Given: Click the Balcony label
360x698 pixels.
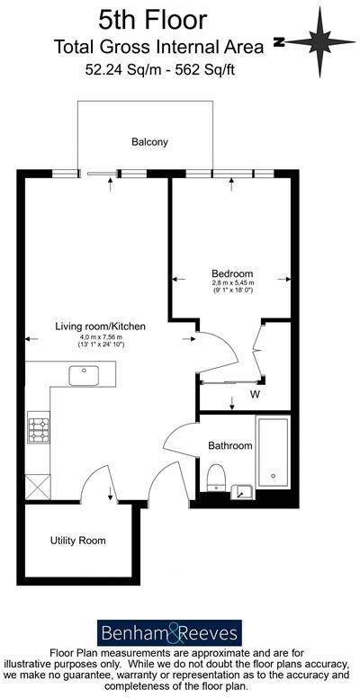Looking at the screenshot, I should [149, 142].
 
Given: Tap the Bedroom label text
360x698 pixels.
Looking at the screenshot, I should [232, 273].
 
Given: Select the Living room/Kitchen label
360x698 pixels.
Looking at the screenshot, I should [99, 326].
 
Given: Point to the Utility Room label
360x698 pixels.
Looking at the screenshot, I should [77, 541].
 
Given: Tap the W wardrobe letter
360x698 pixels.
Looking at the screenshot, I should [255, 394].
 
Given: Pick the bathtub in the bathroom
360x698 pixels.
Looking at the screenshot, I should [272, 452].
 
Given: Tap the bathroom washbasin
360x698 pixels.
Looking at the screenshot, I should [242, 490].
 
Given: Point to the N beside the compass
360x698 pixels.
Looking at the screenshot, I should [280, 41].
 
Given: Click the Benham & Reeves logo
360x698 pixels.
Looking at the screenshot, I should [169, 632].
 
